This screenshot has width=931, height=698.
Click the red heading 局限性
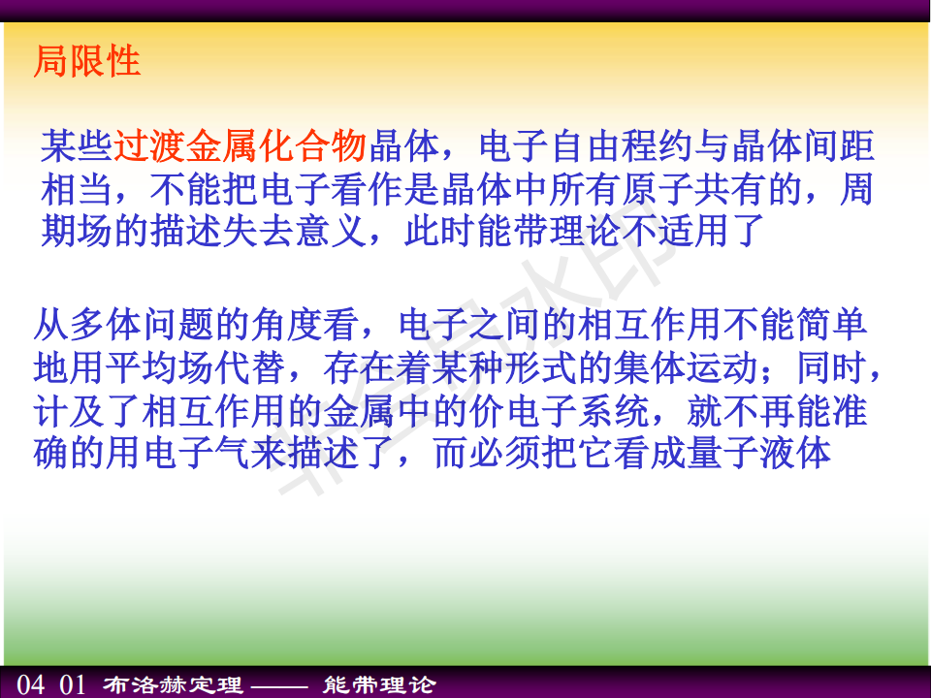point(86,61)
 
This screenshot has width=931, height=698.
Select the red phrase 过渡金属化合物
point(240,146)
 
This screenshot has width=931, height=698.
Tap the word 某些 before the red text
point(77,146)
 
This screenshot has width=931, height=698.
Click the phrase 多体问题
point(142,325)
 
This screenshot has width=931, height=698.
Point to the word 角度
point(286,325)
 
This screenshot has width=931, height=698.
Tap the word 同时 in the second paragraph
point(832,368)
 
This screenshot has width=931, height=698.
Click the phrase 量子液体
point(758,454)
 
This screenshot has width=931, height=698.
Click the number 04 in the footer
point(31,684)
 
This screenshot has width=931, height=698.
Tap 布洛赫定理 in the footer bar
point(173,685)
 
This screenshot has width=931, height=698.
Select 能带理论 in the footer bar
point(379,685)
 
